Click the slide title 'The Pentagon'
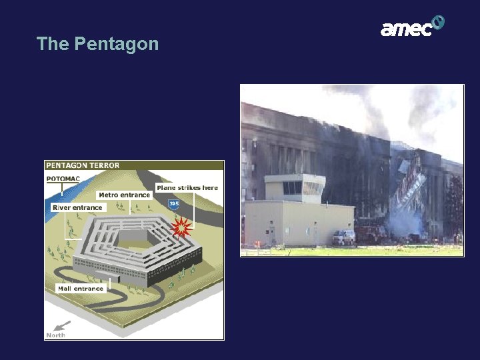(97, 44)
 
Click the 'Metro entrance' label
(125, 195)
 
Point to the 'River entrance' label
(77, 207)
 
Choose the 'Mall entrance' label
(81, 289)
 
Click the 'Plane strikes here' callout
(187, 188)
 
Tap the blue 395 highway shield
(173, 203)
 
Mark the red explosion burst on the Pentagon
(181, 229)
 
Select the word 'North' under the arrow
(56, 335)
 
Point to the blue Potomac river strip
(56, 193)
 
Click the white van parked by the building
(343, 237)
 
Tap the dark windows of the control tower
(293, 188)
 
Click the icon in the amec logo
(437, 23)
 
